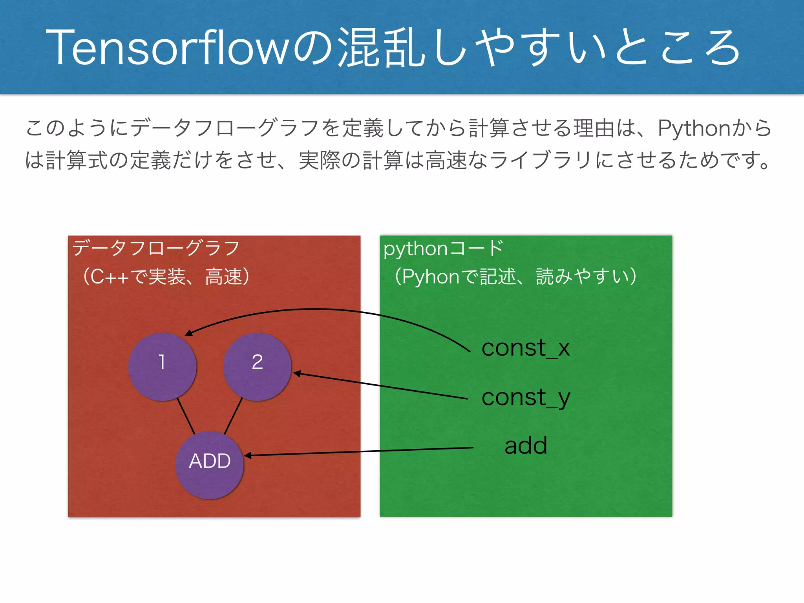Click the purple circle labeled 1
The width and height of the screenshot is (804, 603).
pos(162,367)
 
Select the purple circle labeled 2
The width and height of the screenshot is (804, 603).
pos(257,367)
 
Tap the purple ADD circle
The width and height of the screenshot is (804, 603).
pos(209,465)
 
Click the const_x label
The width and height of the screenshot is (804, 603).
pos(525,348)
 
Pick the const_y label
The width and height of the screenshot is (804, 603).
pos(525,398)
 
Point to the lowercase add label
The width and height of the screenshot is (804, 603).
pos(526,446)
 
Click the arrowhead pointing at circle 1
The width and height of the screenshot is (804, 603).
pos(189,333)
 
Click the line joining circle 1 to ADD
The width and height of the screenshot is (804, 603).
pos(186,416)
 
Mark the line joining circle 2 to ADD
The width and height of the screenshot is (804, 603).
pos(233,416)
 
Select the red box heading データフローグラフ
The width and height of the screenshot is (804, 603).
pos(156,249)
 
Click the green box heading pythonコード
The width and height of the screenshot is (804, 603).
pos(443,249)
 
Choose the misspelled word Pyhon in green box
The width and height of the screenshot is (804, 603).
pos(431,277)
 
